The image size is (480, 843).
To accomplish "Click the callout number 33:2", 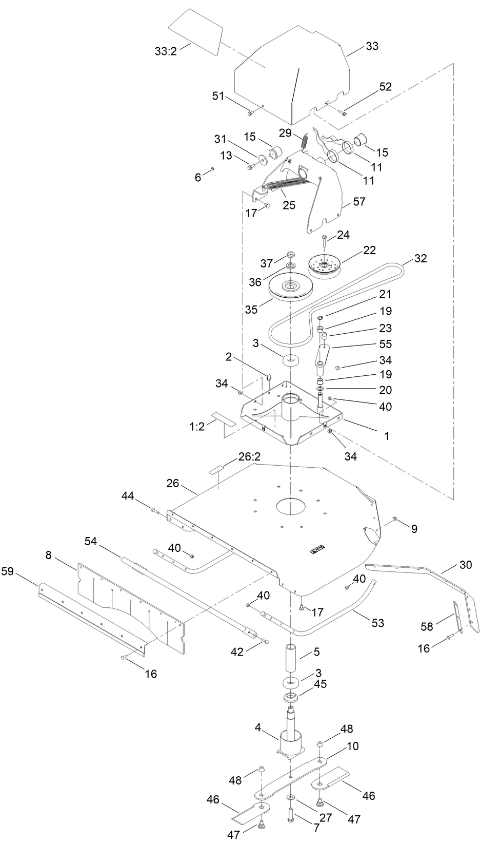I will [x=165, y=51].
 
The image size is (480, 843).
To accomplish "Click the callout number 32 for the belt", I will [x=420, y=259].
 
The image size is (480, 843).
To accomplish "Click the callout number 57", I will [x=359, y=202].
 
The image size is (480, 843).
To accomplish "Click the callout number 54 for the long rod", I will [x=91, y=541].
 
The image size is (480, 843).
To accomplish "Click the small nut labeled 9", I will [x=396, y=519].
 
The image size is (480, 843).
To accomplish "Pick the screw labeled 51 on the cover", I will [x=250, y=112].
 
